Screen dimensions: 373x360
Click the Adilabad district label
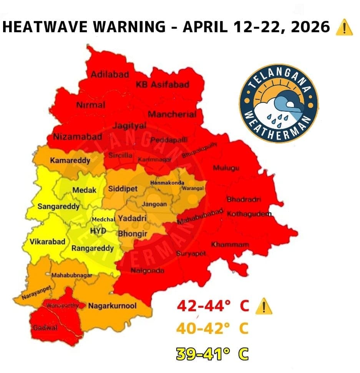(109, 74)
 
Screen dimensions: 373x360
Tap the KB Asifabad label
(163, 84)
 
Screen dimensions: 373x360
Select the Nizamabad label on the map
(78, 136)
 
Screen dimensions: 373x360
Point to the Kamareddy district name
(70, 160)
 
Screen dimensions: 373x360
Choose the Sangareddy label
(58, 206)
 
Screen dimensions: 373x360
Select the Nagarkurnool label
(112, 306)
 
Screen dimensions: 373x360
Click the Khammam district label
(230, 244)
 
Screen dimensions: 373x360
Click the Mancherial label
(172, 114)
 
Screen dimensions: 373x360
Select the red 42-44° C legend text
(213, 306)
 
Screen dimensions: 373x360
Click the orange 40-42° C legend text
(212, 329)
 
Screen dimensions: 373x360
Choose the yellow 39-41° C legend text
(212, 353)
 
